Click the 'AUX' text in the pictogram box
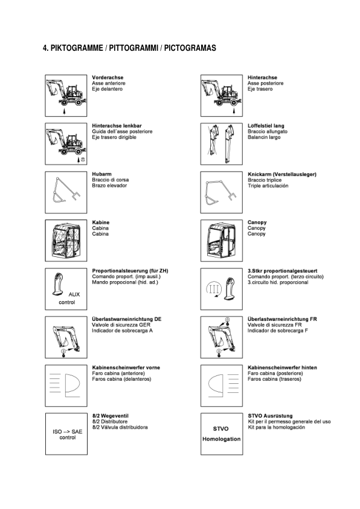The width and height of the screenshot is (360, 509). coord(74,294)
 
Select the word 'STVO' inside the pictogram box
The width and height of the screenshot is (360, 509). coord(221,429)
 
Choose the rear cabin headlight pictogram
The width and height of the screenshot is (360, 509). coord(220,384)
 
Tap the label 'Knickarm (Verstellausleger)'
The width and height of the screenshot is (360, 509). coord(282,174)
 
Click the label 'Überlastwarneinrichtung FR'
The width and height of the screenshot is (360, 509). coord(283,319)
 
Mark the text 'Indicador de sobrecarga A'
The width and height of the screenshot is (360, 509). coord(123,330)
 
